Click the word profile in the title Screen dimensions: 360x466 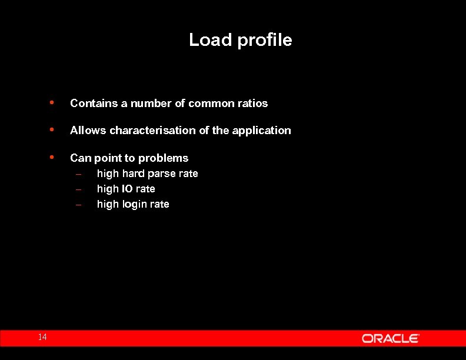pyautogui.click(x=264, y=41)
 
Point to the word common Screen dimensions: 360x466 pyautogui.click(x=207, y=104)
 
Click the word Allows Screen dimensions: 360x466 pyautogui.click(x=88, y=131)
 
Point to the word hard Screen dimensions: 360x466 pyautogui.click(x=133, y=174)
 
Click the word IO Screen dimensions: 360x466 pyautogui.click(x=127, y=189)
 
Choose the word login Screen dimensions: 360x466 pyautogui.click(x=134, y=205)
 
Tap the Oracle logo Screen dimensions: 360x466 pyautogui.click(x=390, y=338)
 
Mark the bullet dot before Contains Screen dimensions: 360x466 pyautogui.click(x=52, y=102)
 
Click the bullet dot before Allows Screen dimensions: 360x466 pyautogui.click(x=52, y=129)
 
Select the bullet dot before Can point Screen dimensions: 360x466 pyautogui.click(x=52, y=157)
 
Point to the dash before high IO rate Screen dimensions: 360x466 pyautogui.click(x=78, y=189)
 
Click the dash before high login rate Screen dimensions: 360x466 pyautogui.click(x=78, y=205)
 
